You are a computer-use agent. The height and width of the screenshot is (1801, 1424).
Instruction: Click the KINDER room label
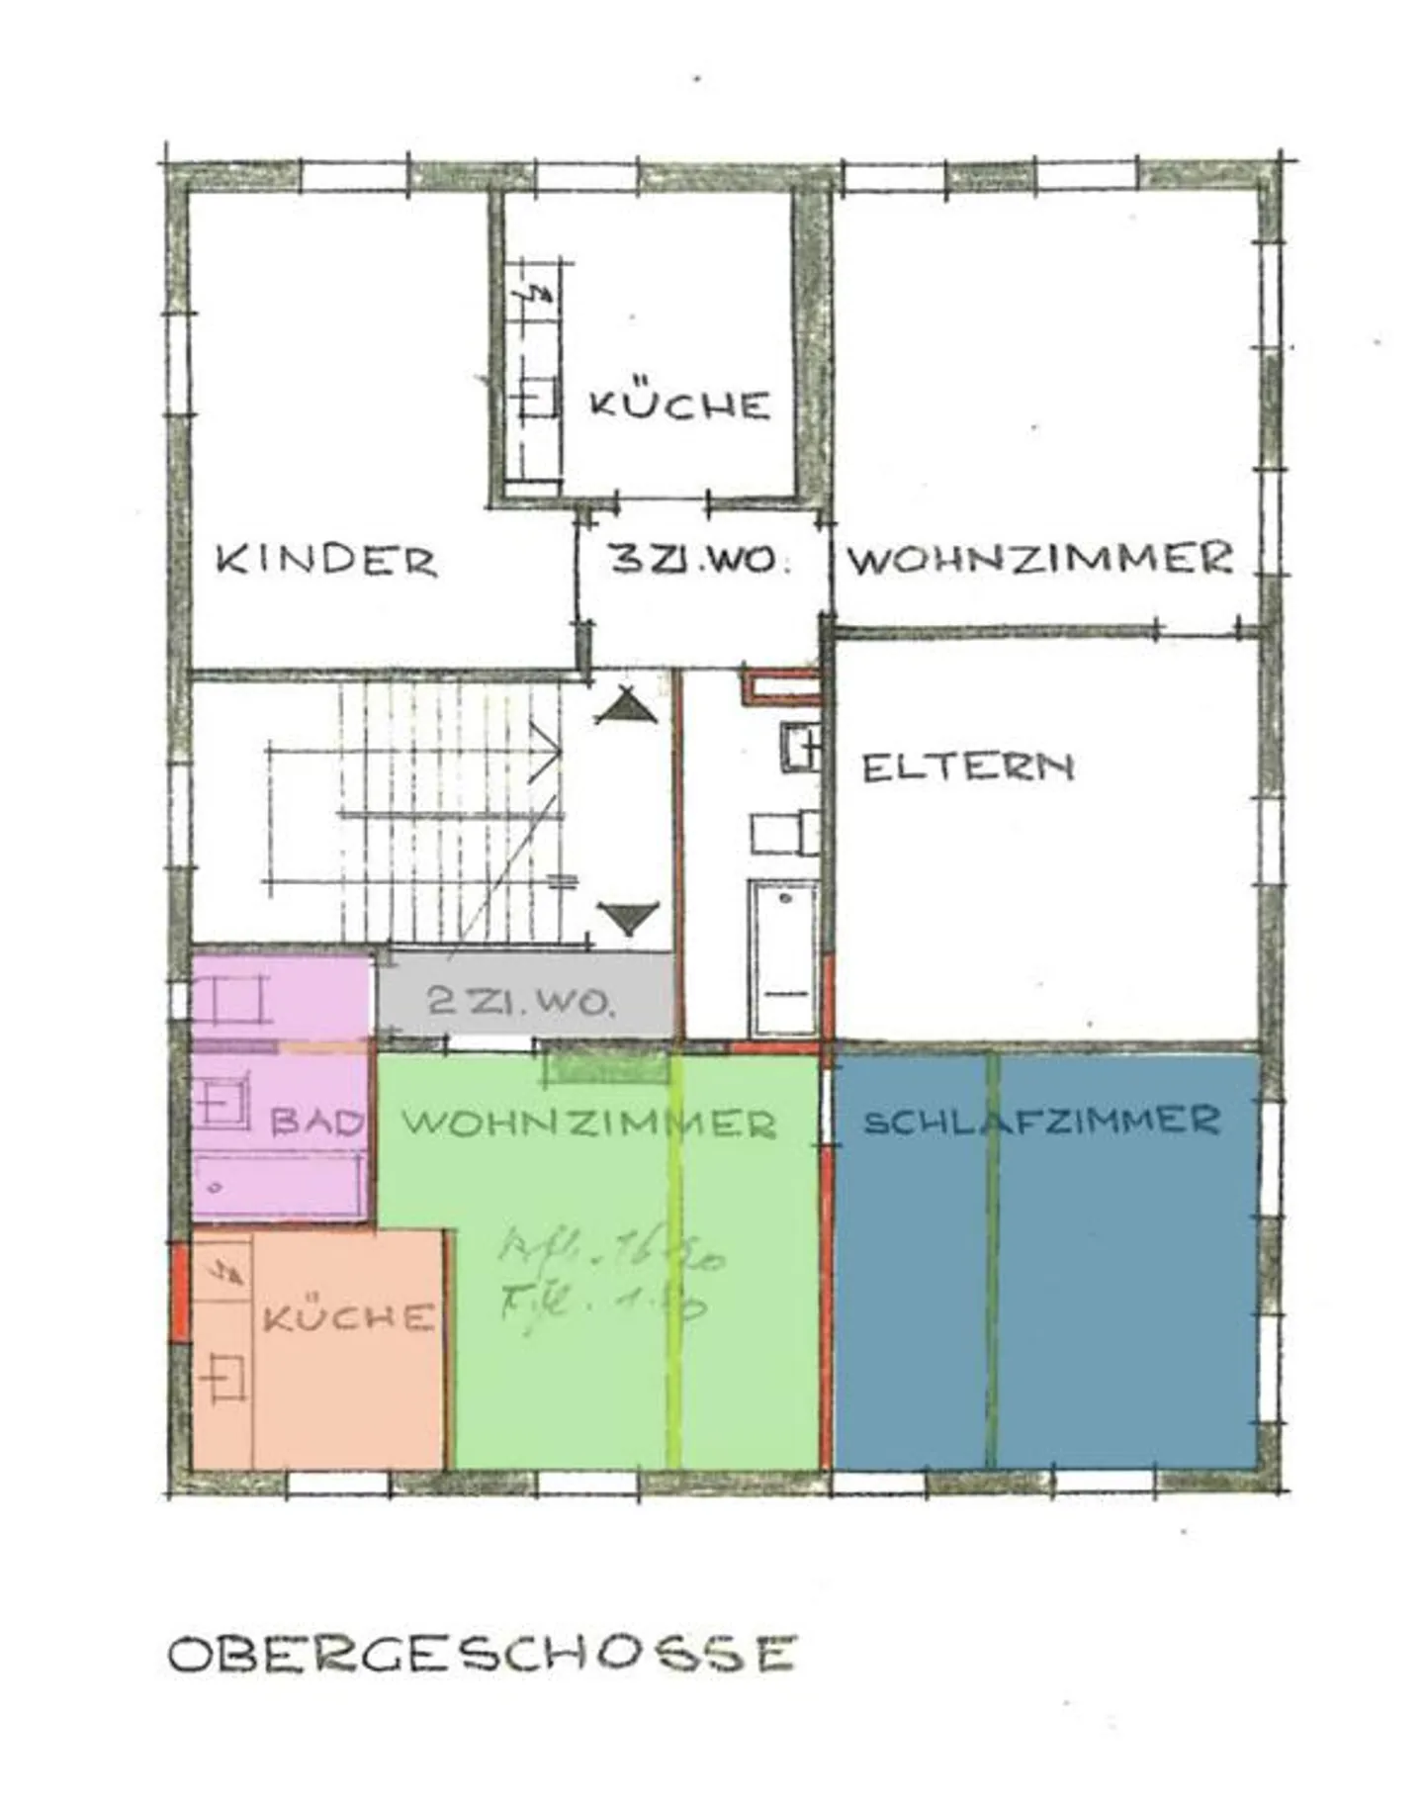(x=326, y=561)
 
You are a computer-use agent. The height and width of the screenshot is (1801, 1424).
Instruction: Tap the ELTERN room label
(x=967, y=767)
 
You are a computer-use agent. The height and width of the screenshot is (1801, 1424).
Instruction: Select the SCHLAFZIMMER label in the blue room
(x=1041, y=1121)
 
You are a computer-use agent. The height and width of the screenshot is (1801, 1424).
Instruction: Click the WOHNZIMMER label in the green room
(x=588, y=1123)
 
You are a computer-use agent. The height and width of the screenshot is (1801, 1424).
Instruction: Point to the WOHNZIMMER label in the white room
(x=1040, y=560)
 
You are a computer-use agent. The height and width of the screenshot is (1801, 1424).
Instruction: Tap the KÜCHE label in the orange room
(x=348, y=1317)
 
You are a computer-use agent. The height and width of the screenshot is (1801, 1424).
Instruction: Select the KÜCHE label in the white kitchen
(x=679, y=405)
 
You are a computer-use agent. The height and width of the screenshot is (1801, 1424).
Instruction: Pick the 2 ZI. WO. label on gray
(x=521, y=1002)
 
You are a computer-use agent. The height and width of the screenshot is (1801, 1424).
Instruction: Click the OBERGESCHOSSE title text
(x=482, y=1654)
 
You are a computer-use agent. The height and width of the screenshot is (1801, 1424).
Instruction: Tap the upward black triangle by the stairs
(x=626, y=708)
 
